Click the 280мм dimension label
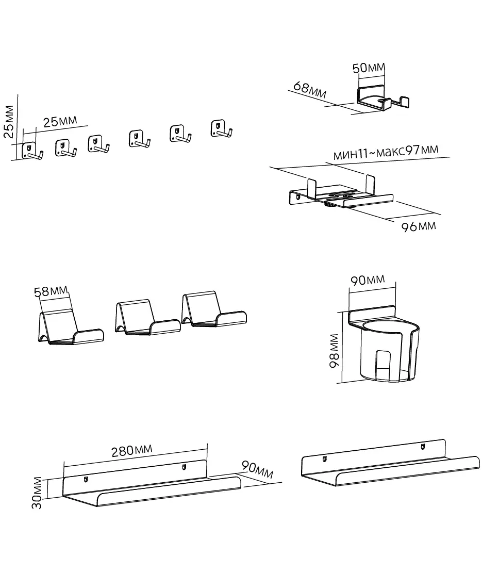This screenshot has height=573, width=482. coord(132,451)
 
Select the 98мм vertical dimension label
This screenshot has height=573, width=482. coord(334,351)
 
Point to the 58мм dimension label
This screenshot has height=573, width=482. coord(51,291)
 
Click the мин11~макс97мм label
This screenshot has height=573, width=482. coord(386,152)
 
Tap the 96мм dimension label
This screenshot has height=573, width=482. coord(419,226)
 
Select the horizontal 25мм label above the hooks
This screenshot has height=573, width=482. coord(60,122)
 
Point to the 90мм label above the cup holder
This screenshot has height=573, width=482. coord(368,280)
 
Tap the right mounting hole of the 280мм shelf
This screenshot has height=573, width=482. coord(184,467)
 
